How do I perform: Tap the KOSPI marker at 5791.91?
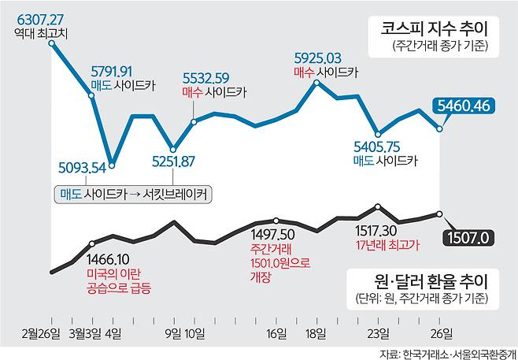[92, 96]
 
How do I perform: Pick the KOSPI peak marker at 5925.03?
[317, 82]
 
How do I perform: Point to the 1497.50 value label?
[272, 234]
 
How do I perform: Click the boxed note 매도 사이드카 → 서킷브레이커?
[135, 194]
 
